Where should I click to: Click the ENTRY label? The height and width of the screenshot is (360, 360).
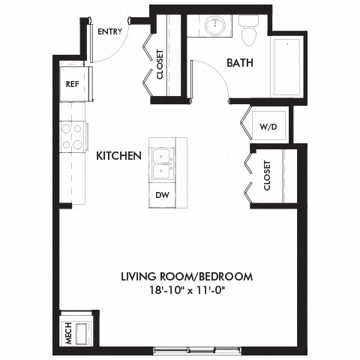click(x=109, y=31)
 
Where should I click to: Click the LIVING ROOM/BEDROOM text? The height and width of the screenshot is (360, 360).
click(x=187, y=277)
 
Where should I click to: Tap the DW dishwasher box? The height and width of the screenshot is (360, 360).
click(x=162, y=194)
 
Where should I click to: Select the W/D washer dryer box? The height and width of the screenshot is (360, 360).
click(x=268, y=126)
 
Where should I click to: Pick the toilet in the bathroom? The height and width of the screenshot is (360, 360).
click(x=249, y=31)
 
